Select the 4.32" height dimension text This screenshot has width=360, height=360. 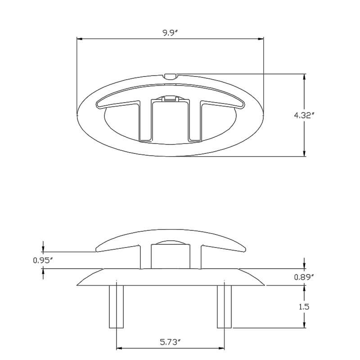pyautogui.click(x=304, y=115)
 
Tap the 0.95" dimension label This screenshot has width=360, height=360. pyautogui.click(x=43, y=260)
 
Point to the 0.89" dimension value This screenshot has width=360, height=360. pyautogui.click(x=304, y=277)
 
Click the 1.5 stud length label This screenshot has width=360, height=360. pyautogui.click(x=304, y=307)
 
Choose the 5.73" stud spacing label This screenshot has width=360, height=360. pyautogui.click(x=170, y=342)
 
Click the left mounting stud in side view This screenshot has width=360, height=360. pyautogui.click(x=117, y=306)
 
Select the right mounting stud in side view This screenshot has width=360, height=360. pyautogui.click(x=224, y=306)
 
